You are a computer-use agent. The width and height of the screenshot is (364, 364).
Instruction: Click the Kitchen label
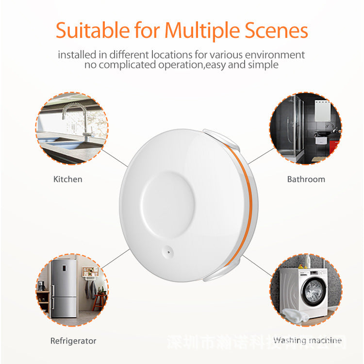(x=67, y=179)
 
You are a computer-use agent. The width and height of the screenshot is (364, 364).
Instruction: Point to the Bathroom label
(x=306, y=179)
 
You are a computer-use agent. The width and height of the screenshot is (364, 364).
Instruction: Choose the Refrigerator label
(x=73, y=341)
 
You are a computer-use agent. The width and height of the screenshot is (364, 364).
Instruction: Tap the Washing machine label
(x=307, y=340)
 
